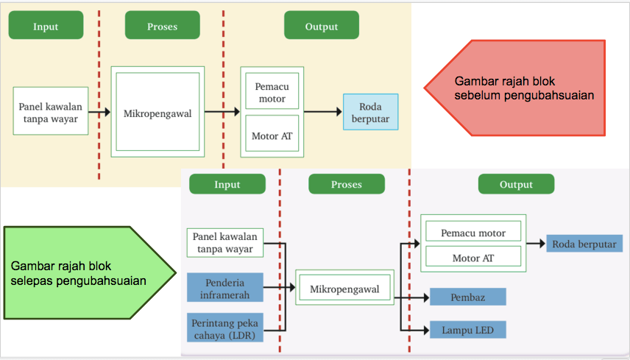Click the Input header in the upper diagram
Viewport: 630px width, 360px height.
(46, 27)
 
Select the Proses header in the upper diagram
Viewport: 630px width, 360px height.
(162, 27)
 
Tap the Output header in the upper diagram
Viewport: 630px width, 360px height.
(322, 27)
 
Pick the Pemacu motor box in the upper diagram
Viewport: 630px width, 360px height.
(272, 92)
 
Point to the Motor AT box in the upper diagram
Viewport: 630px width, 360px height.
(272, 135)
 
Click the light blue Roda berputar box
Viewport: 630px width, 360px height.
(370, 112)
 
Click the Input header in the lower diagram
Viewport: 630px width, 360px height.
(227, 185)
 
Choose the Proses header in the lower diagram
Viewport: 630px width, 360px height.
(346, 185)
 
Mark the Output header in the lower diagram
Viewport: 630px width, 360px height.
(516, 185)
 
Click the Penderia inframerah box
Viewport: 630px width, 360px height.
(225, 288)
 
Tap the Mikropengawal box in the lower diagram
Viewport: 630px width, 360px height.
(344, 289)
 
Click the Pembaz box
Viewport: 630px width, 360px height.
(468, 297)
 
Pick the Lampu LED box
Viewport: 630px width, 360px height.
(468, 331)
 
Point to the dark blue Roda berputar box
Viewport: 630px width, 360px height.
(585, 244)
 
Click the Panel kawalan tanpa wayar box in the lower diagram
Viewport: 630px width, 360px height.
(225, 242)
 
